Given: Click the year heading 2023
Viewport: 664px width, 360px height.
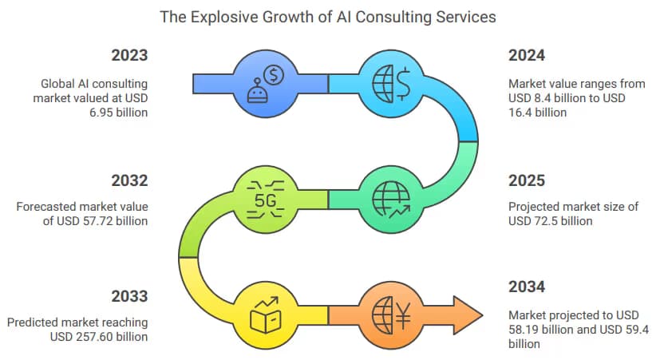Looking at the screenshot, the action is tap(129, 56).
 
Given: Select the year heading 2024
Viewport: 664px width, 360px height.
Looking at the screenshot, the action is tap(527, 56).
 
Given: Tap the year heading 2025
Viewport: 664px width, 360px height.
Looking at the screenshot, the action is tap(527, 181).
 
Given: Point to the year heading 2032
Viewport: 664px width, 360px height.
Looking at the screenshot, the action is tap(129, 181).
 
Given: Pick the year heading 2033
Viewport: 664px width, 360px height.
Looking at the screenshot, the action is tap(129, 296).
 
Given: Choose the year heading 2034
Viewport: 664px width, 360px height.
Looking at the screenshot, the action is tap(527, 287).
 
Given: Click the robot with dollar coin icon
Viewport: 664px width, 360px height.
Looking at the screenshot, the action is tap(266, 85).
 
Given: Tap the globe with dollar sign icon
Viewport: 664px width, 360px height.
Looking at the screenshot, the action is tap(391, 84).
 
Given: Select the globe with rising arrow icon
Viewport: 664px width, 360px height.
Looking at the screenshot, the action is tap(391, 200).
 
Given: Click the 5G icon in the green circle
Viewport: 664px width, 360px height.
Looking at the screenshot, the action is tap(266, 200).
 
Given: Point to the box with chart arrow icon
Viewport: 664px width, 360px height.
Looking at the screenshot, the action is tap(266, 315).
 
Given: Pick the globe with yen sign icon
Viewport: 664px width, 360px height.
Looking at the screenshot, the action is tap(391, 315).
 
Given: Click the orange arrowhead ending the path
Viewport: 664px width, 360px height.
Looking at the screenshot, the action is tap(468, 315).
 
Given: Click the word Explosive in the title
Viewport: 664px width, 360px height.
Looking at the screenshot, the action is tap(223, 18).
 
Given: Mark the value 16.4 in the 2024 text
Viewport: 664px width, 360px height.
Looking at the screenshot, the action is tap(520, 113).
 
